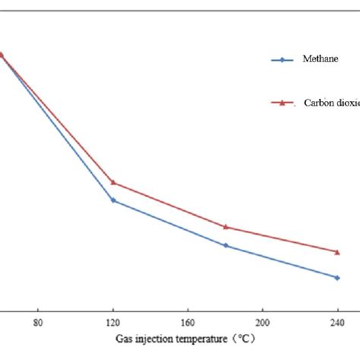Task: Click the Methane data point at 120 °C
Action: click(113, 201)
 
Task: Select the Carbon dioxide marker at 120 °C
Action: click(113, 182)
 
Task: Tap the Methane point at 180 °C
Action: click(226, 245)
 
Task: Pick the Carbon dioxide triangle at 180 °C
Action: click(226, 226)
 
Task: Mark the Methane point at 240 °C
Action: click(337, 277)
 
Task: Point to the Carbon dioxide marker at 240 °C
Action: click(337, 251)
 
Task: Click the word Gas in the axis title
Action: click(125, 338)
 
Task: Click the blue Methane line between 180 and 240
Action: click(281, 261)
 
